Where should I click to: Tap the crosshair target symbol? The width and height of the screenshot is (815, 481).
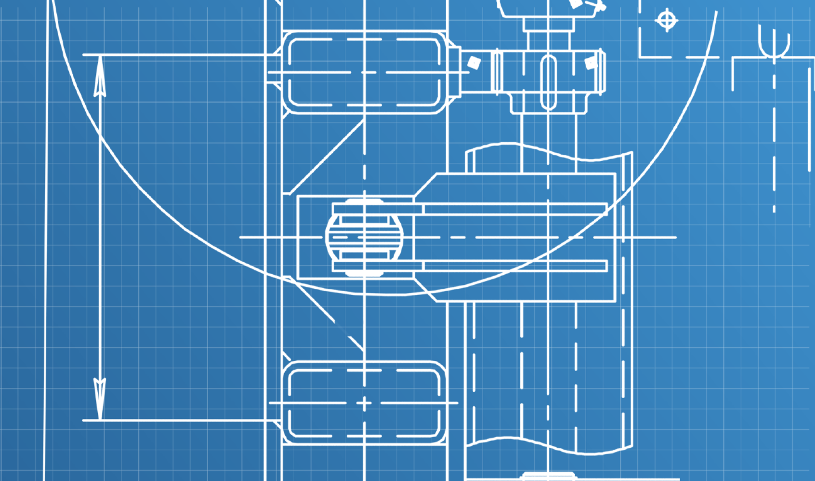click(667, 20)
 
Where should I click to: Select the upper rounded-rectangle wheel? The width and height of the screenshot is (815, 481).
click(364, 72)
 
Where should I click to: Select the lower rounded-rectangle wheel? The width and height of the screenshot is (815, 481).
click(364, 403)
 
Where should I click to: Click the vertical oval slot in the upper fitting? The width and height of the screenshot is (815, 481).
click(549, 82)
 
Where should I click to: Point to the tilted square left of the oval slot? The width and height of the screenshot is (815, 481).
click(474, 62)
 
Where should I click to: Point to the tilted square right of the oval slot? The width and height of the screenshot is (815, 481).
click(591, 63)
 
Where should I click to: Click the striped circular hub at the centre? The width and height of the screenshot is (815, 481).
click(364, 237)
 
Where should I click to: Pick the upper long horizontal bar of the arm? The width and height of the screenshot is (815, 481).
click(514, 209)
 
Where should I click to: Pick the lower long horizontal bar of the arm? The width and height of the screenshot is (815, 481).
click(514, 266)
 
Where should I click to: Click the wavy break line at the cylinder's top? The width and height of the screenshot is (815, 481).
click(549, 151)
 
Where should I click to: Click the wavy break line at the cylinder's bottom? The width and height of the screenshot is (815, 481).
click(549, 446)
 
